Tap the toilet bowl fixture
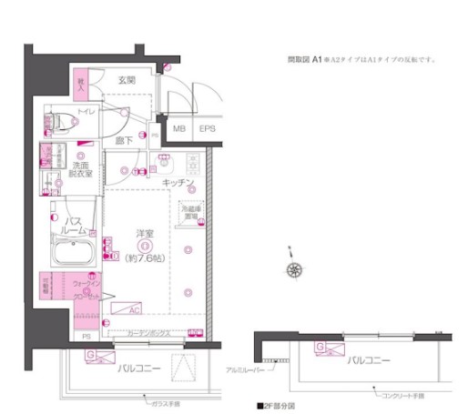(x=58, y=120)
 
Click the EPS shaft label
(x=208, y=130)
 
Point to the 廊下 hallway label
(x=123, y=141)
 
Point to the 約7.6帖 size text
(x=143, y=258)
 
